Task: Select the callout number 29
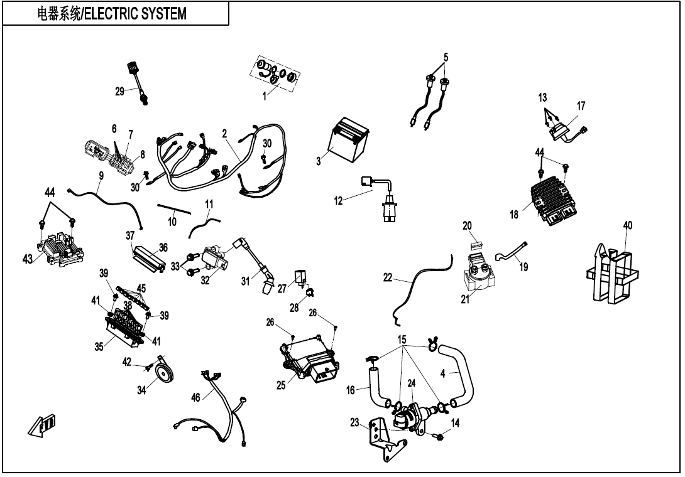point(119,92)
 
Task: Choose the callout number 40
point(627,225)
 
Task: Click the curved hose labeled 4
point(463,374)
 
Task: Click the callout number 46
point(196,397)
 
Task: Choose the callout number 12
point(339,201)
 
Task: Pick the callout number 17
point(581,106)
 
